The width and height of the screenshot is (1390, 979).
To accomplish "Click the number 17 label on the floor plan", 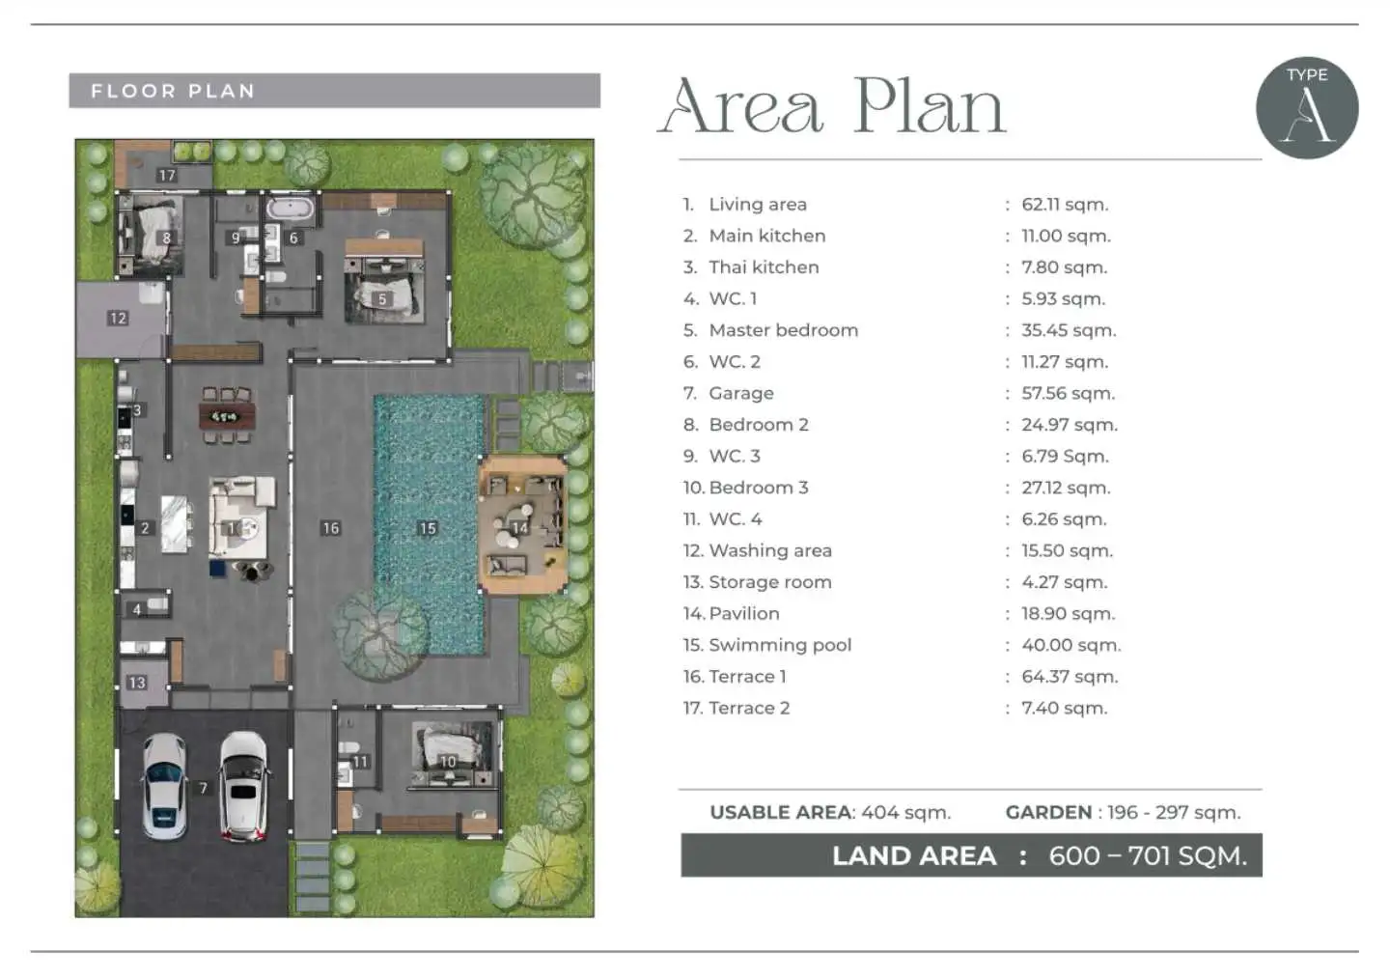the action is (167, 175).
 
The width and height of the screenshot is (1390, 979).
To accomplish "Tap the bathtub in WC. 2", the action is (291, 208).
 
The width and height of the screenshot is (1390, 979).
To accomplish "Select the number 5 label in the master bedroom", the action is (382, 299).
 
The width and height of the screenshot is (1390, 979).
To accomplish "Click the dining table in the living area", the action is (227, 416).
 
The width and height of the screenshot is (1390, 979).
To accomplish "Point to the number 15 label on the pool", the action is (428, 528).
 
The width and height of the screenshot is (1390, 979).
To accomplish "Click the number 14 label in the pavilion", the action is (519, 528).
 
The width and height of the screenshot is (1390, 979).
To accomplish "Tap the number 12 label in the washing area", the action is (118, 319).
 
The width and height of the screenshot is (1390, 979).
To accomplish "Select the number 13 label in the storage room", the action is (136, 683).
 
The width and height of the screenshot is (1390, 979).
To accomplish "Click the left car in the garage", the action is (164, 787).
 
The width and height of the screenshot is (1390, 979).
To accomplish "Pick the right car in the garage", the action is (244, 787).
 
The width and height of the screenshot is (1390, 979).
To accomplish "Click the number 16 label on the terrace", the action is (331, 528).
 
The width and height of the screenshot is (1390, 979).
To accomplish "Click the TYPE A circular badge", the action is (1307, 108).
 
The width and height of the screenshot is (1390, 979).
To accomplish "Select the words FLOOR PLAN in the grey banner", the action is (173, 92).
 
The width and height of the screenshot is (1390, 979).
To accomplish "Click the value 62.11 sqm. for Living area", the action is (1065, 205).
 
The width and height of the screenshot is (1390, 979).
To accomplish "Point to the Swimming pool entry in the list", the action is (767, 645).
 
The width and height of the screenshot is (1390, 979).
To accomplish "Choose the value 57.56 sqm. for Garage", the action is (1068, 393).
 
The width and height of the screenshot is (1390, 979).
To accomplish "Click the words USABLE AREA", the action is (780, 812).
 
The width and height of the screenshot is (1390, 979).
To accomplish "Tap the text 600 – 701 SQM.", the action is (1148, 856).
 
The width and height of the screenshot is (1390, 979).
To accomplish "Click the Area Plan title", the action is (831, 107).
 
